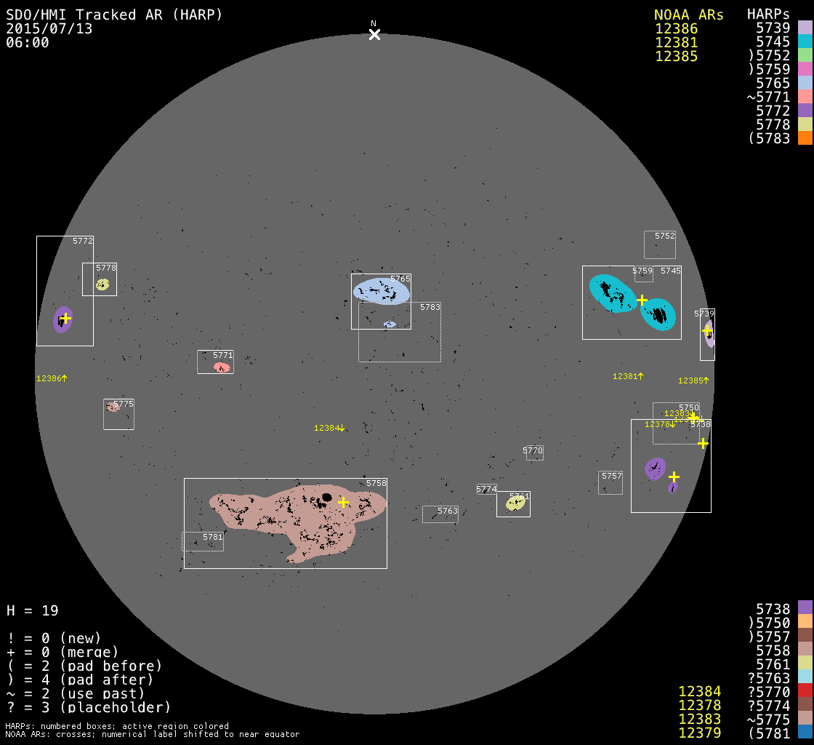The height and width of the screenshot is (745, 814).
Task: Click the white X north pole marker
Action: point(374,34)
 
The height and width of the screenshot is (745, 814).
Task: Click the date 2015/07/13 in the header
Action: point(49,28)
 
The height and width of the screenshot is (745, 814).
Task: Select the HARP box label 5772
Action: point(83,241)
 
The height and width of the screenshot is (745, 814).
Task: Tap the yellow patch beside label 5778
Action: point(102,284)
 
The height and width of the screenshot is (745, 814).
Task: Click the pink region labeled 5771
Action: point(222,367)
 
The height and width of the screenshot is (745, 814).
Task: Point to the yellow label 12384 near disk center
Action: point(327,428)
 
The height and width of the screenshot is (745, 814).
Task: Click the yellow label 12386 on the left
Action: point(49,378)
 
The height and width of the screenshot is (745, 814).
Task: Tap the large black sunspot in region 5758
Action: point(327,498)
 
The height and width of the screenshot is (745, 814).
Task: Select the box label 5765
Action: point(400,279)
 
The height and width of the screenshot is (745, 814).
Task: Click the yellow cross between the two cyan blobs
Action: point(642,300)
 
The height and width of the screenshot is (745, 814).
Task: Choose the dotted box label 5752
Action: point(665,236)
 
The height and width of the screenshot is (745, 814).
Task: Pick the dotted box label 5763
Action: point(448,511)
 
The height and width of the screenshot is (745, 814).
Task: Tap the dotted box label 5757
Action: point(612,476)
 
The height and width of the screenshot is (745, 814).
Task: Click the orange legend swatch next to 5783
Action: point(805,138)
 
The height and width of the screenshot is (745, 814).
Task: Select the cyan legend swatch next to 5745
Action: point(805,41)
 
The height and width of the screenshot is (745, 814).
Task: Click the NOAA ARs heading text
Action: point(688,15)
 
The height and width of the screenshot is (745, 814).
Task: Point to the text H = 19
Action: point(33,610)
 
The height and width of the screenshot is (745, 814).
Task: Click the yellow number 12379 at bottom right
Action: point(699,733)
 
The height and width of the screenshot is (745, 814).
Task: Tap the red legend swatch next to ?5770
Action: point(805,691)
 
